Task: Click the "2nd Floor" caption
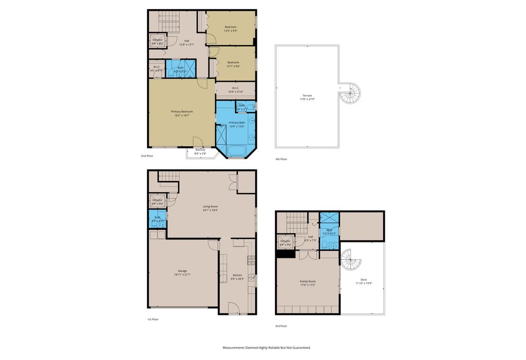pos(147,156)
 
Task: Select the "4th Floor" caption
pos(281,159)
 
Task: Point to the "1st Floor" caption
pos(153,319)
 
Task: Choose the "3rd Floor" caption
pos(280,326)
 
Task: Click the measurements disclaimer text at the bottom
pos(267,348)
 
